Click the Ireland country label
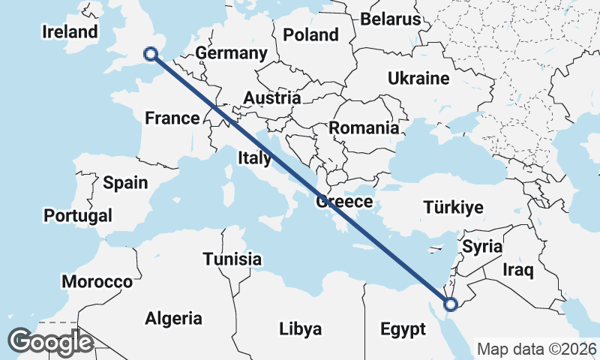70,31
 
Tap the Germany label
231,53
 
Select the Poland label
310,34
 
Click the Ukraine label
418,78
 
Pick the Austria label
271,97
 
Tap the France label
172,118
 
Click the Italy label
254,157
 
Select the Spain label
125,182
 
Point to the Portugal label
78,216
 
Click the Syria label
481,246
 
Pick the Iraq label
518,270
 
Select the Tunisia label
232,259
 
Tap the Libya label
300,328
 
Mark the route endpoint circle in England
150,53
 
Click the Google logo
50,342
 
